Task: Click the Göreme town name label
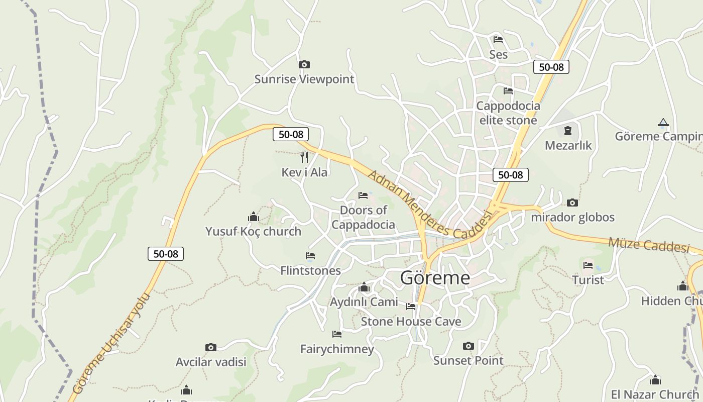coord(435,278)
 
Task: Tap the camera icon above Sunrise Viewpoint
coord(304,64)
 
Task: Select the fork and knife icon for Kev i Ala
coord(304,157)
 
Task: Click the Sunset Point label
coord(468,360)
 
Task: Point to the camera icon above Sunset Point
coord(468,346)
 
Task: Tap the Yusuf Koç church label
coord(253,231)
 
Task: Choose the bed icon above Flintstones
coord(310,256)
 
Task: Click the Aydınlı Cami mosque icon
coord(364,287)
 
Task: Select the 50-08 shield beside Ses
coord(551,67)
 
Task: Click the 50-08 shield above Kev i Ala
coord(291,134)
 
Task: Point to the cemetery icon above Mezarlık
coord(568,131)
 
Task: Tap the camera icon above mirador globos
coord(572,203)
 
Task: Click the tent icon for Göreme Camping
coord(663,123)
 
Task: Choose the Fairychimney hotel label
coord(337,349)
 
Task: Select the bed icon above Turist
coord(588,265)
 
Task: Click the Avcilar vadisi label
coord(211,362)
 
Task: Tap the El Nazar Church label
coord(654,394)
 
